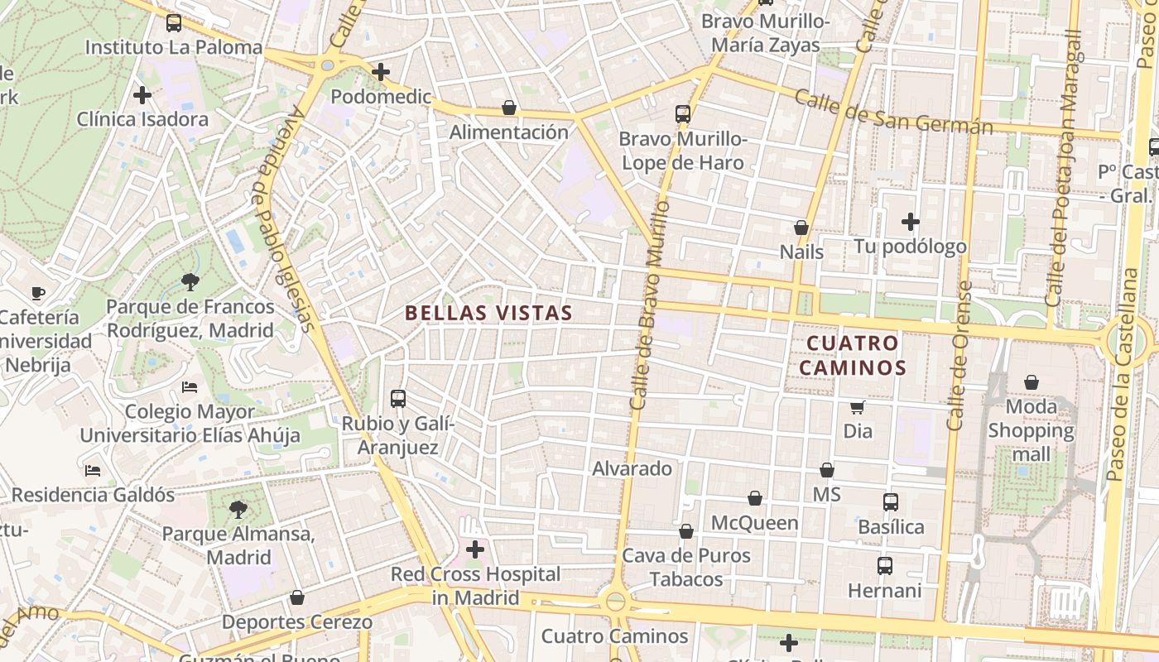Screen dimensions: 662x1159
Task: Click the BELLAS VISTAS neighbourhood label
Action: pyautogui.click(x=488, y=313)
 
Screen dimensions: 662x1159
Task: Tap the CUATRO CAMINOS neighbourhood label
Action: pyautogui.click(x=852, y=354)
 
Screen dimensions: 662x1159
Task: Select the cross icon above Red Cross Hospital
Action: pyautogui.click(x=475, y=549)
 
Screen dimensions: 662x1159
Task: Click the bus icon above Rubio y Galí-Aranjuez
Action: pyautogui.click(x=398, y=399)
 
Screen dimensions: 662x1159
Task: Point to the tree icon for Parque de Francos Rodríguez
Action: pyautogui.click(x=190, y=282)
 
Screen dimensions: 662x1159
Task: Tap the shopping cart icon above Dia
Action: pyautogui.click(x=858, y=407)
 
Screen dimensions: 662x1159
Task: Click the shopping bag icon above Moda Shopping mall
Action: pyautogui.click(x=1032, y=382)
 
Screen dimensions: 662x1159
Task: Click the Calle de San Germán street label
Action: pyautogui.click(x=893, y=112)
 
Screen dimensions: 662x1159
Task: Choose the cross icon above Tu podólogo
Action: pyautogui.click(x=911, y=222)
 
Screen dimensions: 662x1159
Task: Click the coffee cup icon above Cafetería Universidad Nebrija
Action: pyautogui.click(x=38, y=292)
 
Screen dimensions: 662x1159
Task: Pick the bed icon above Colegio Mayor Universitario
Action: pyautogui.click(x=190, y=386)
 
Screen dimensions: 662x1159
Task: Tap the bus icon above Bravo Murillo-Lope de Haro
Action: pyautogui.click(x=683, y=114)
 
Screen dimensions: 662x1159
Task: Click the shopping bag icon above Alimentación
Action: pyautogui.click(x=509, y=108)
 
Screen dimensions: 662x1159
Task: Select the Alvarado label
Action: pyautogui.click(x=632, y=468)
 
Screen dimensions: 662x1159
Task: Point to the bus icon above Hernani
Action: pyautogui.click(x=885, y=566)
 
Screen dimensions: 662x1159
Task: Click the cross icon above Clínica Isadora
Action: pyautogui.click(x=142, y=95)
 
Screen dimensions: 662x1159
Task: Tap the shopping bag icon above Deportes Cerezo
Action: pyautogui.click(x=297, y=597)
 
